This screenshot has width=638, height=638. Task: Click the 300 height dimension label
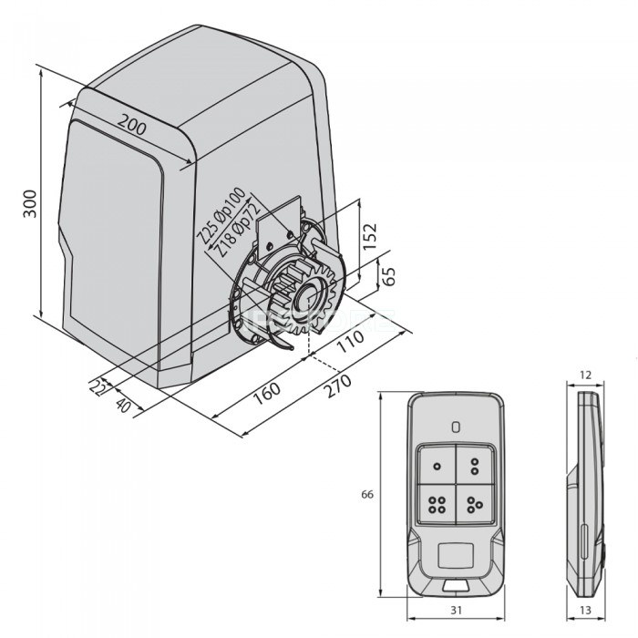pyautogui.click(x=30, y=203)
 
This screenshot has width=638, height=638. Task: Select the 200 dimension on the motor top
pyautogui.click(x=132, y=125)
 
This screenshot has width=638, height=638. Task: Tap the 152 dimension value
pyautogui.click(x=370, y=236)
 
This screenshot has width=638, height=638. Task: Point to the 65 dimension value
pyautogui.click(x=388, y=277)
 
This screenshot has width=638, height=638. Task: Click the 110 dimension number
pyautogui.click(x=350, y=341)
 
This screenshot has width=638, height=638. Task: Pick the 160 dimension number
pyautogui.click(x=266, y=393)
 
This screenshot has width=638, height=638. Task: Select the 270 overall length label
pyautogui.click(x=337, y=386)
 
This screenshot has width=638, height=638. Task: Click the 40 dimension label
pyautogui.click(x=123, y=405)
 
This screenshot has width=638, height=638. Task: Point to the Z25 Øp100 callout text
pyautogui.click(x=221, y=216)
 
